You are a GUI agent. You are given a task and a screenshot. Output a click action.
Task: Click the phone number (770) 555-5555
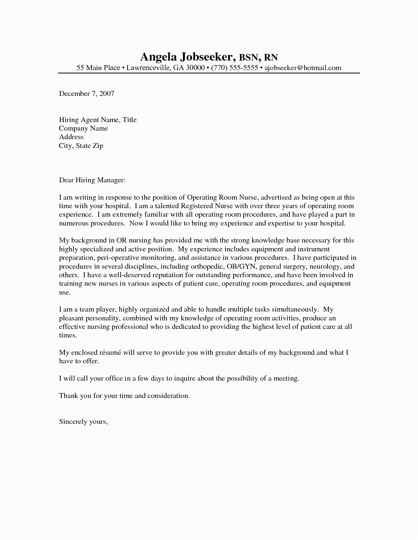[234, 68]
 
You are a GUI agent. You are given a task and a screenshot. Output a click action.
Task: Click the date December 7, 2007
[87, 94]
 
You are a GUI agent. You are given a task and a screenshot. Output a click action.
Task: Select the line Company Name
[83, 128]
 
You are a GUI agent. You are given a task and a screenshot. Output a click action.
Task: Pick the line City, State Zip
[81, 146]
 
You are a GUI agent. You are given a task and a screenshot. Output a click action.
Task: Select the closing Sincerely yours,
[83, 422]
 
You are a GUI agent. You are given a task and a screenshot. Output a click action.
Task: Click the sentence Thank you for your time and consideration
[124, 396]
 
